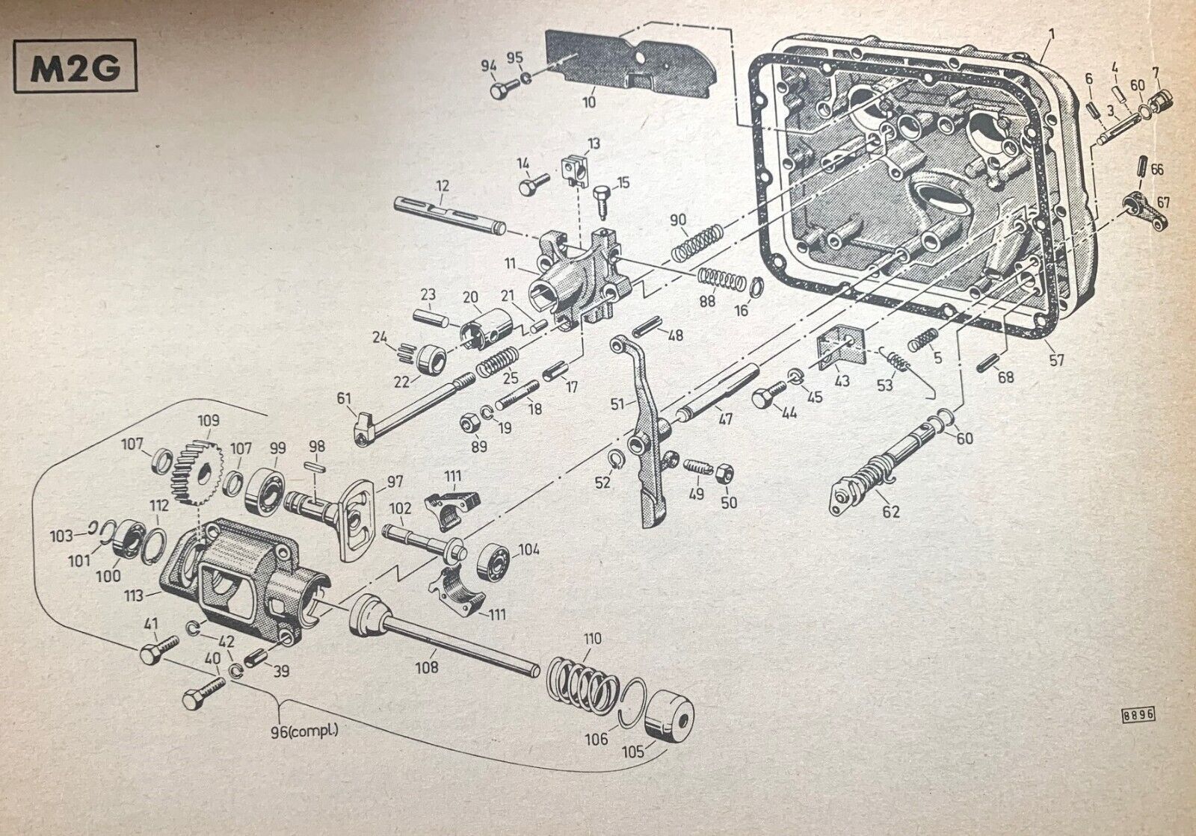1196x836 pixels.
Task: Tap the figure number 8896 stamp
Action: pyautogui.click(x=1138, y=713)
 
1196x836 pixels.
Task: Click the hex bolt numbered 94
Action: pyautogui.click(x=500, y=91)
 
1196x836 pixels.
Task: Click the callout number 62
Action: pyautogui.click(x=890, y=512)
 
